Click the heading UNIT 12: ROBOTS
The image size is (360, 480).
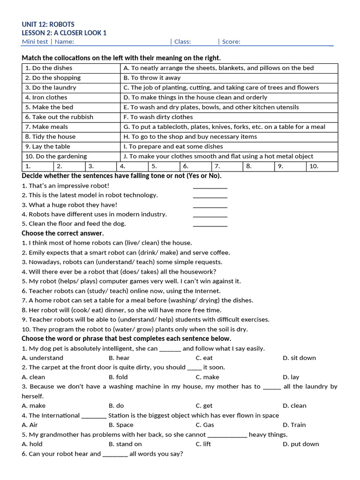tap(48, 24)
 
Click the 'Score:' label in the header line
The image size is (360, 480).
tap(231, 42)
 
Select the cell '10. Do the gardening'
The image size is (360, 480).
tap(56, 157)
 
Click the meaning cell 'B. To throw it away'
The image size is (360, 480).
tap(152, 78)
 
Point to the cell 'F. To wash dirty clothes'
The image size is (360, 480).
tap(158, 117)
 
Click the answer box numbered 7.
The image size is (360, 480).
tap(227, 166)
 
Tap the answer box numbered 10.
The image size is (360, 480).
tap(322, 166)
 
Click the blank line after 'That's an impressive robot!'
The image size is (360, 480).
tap(210, 186)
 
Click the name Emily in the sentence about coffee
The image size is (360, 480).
tap(38, 253)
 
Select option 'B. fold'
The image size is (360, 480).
tap(118, 377)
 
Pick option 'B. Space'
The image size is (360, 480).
tap(121, 425)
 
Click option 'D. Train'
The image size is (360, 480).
tap(294, 425)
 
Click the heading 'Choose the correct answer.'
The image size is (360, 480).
tap(63, 233)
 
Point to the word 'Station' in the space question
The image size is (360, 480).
tap(119, 416)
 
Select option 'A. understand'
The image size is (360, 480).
tap(43, 358)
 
